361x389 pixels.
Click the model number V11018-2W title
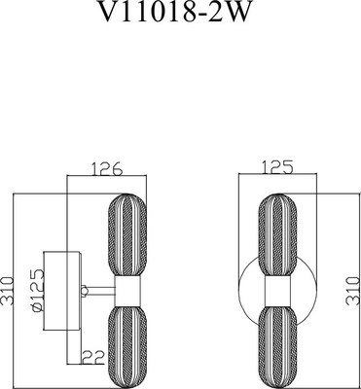tap(175, 11)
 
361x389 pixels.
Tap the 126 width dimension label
tap(106, 168)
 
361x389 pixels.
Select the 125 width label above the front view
tap(276, 167)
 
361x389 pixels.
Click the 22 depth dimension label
tap(93, 358)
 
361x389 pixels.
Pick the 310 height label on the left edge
tap(6, 291)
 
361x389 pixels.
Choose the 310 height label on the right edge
tap(353, 291)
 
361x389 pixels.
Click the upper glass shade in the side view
tap(126, 235)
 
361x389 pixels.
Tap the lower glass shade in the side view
tap(126, 347)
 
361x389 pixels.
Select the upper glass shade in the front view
tap(277, 235)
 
